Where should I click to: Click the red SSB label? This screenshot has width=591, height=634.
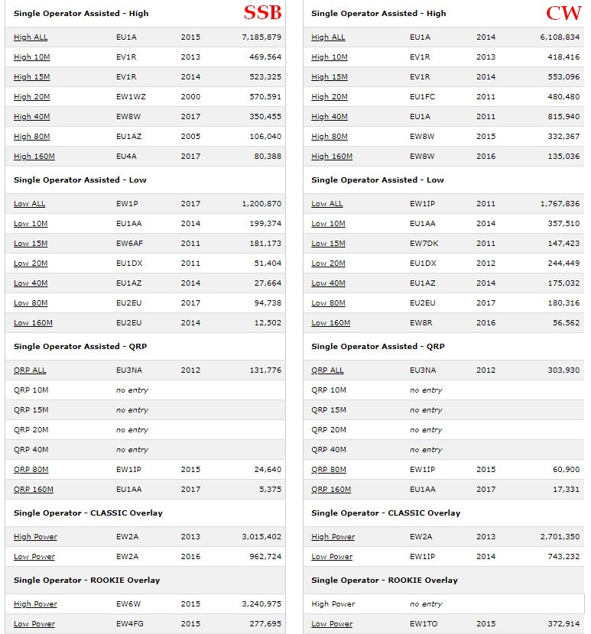(x=262, y=13)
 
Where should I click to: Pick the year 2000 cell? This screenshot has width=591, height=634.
(x=190, y=97)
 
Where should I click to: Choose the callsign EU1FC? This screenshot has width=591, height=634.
(x=421, y=97)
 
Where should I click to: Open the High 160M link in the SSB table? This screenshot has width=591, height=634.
(x=34, y=157)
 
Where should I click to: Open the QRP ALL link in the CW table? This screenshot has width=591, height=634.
(x=327, y=370)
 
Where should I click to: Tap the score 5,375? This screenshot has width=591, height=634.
(x=270, y=490)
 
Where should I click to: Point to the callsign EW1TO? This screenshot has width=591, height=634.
(x=422, y=624)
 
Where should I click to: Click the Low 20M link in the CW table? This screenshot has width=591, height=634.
(x=328, y=264)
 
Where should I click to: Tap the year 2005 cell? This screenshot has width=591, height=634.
(x=190, y=137)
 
